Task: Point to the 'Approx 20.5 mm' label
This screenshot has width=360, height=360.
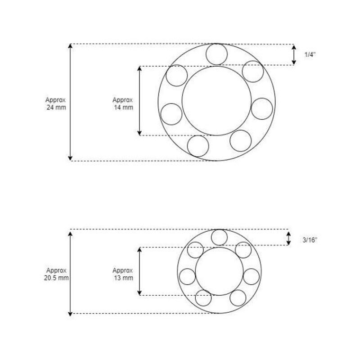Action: [57, 274]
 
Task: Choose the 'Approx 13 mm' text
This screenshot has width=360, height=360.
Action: [122, 274]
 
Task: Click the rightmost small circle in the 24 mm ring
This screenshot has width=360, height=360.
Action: [262, 108]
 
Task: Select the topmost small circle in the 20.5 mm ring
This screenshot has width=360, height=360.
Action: [219, 237]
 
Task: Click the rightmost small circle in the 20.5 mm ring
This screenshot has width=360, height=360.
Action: [251, 276]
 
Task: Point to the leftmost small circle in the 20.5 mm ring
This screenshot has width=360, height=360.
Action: [187, 276]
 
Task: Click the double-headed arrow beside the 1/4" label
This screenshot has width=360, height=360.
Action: [294, 54]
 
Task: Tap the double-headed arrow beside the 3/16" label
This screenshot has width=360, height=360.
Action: [288, 238]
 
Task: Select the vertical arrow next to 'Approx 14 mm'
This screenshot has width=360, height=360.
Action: [139, 100]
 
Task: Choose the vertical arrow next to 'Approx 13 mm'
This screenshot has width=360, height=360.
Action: [139, 271]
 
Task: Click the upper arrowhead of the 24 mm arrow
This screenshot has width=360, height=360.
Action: [70, 46]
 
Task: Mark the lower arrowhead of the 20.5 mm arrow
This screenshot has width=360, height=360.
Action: [70, 312]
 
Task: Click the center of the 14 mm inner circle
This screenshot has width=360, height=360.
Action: [216, 100]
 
